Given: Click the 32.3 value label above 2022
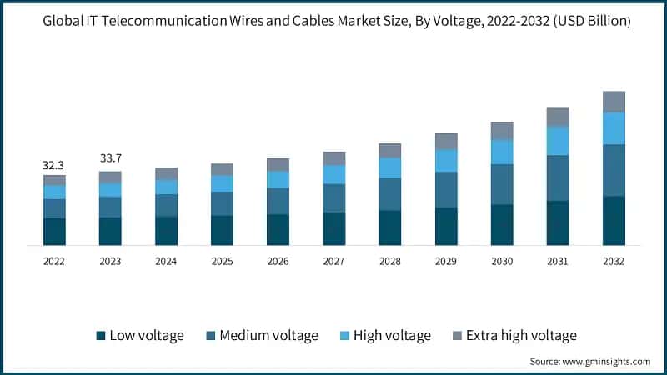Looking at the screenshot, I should (54, 166).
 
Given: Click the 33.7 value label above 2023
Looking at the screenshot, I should (110, 158).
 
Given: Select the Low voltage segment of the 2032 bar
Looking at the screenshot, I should (614, 220).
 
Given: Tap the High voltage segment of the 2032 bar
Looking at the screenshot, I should (614, 128).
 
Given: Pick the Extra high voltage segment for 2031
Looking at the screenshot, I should (558, 117).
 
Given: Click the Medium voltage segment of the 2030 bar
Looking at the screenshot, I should (502, 183).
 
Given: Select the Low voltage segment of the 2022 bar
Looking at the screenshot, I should (54, 231).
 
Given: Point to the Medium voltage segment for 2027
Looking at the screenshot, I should (333, 197).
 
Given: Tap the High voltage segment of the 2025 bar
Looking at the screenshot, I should (222, 183).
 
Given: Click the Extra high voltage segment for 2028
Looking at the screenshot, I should (389, 150).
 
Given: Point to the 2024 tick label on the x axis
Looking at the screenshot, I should (166, 261).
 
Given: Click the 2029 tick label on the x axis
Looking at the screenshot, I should (446, 261).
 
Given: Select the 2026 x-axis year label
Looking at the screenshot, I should (278, 261).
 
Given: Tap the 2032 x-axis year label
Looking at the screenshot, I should (614, 261).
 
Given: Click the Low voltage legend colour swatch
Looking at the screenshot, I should (102, 336).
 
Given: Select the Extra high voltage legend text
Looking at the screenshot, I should (521, 336).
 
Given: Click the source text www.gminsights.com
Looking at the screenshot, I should (608, 362).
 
